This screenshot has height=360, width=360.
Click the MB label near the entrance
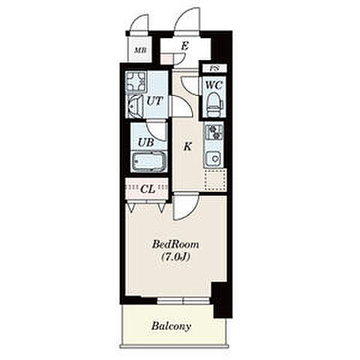tap(140, 51)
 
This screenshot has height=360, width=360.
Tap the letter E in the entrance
tap(184, 46)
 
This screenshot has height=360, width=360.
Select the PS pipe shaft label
tap(213, 67)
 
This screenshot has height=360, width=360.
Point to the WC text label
tap(214, 85)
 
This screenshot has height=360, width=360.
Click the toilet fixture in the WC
tap(214, 104)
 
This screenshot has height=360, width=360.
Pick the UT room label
tap(154, 101)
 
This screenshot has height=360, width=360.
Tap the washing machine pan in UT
tap(136, 82)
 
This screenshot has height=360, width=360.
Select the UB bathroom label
tap(146, 142)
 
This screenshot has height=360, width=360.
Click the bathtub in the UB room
tap(149, 161)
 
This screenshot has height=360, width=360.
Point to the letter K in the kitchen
tap(187, 146)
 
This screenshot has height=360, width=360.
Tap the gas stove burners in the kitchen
tap(214, 132)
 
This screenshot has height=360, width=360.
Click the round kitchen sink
tap(214, 158)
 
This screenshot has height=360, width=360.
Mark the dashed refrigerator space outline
tap(215, 179)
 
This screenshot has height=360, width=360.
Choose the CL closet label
tap(148, 189)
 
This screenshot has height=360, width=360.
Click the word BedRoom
tap(175, 244)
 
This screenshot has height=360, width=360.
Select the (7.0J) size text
tap(175, 256)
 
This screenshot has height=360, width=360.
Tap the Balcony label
tap(171, 326)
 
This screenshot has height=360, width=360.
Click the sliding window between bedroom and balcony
tap(183, 301)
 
